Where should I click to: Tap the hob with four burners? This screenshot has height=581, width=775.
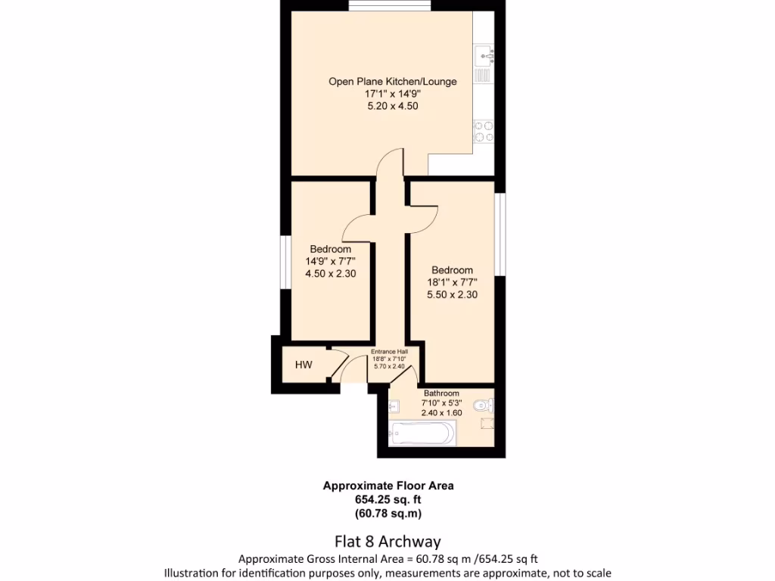click(x=484, y=132)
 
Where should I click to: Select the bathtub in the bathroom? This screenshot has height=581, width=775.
click(x=423, y=433)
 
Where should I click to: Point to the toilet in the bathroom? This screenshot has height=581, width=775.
click(x=482, y=407)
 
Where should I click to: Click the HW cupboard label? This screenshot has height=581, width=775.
click(x=303, y=365)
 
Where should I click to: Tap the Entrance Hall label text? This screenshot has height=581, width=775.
click(x=389, y=352)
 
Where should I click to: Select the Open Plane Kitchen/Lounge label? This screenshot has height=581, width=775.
click(x=392, y=81)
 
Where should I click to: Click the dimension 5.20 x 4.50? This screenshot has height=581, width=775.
click(x=392, y=107)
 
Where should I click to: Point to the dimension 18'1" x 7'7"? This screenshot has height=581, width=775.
click(x=452, y=282)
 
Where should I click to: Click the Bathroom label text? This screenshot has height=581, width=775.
click(x=441, y=393)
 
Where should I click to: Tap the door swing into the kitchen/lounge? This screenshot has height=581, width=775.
click(x=391, y=162)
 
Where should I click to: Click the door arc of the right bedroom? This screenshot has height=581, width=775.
click(x=424, y=219)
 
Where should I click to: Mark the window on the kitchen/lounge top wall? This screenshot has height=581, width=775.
click(x=391, y=7)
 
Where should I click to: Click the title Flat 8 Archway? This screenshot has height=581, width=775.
click(x=387, y=542)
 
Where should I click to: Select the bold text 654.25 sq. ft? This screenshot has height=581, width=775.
click(x=388, y=499)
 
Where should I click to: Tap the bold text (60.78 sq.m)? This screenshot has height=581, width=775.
click(x=388, y=513)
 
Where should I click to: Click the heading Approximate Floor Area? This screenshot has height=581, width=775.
click(x=388, y=486)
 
